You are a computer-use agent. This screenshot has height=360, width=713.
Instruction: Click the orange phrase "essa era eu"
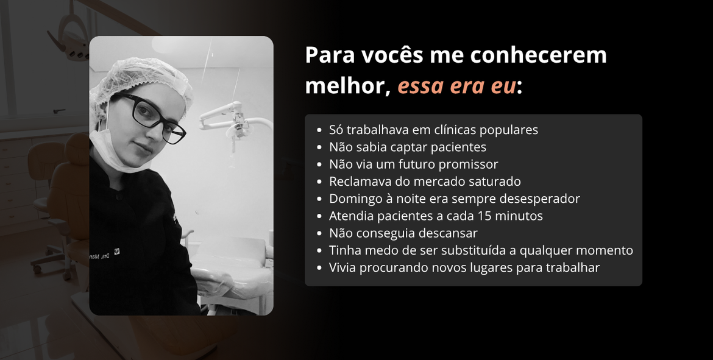click(x=456, y=86)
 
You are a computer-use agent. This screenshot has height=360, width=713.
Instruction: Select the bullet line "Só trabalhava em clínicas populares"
click(x=433, y=130)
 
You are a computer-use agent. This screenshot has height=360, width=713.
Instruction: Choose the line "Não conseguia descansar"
click(x=403, y=233)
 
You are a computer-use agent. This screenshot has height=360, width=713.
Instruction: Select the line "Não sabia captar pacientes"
click(x=407, y=147)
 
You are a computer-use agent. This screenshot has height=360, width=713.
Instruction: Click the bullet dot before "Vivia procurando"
click(x=320, y=268)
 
